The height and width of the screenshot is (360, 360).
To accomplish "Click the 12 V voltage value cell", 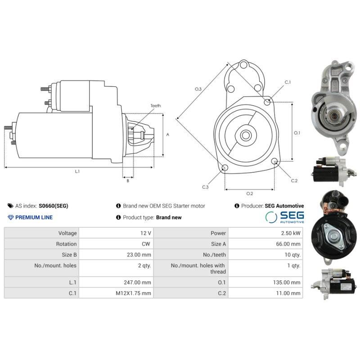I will pos(146,233).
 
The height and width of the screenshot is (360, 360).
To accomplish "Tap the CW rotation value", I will pos(146,244).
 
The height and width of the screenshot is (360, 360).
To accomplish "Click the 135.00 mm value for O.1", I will pos(288,282).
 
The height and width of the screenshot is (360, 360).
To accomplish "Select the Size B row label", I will pos(69,255).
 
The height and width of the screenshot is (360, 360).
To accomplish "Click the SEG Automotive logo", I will pos(284,217).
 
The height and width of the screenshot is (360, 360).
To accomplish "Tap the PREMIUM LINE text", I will pos(34,217).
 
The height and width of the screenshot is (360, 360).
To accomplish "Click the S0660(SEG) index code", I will pos(54,206).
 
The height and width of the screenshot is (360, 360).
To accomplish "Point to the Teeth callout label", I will pos(155,106).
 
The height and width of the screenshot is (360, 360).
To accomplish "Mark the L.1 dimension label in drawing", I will pos(77,171).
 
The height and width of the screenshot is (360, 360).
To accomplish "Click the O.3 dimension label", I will pos(198,89).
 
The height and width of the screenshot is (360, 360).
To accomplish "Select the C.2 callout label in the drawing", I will pos(294,180).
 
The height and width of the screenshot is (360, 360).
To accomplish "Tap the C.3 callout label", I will pos(205,187).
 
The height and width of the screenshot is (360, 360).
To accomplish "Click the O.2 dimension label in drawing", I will pos(249,193).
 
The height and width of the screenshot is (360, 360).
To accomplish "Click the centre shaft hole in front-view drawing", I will pos(246,135).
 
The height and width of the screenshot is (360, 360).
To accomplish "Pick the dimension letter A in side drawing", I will pos(167,134).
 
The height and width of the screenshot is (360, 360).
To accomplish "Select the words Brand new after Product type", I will pos(169,217).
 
